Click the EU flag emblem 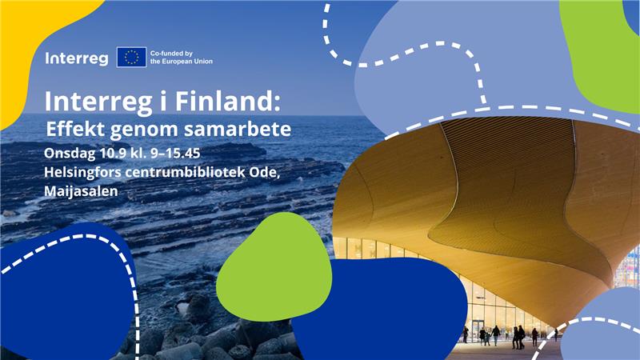pyautogui.click(x=131, y=57)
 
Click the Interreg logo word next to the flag pyautogui.click(x=77, y=58)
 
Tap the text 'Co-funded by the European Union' pyautogui.click(x=182, y=57)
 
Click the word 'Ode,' pyautogui.click(x=265, y=172)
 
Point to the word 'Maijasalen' pyautogui.click(x=81, y=191)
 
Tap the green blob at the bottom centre pyautogui.click(x=274, y=266)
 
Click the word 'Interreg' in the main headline pyautogui.click(x=98, y=101)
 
